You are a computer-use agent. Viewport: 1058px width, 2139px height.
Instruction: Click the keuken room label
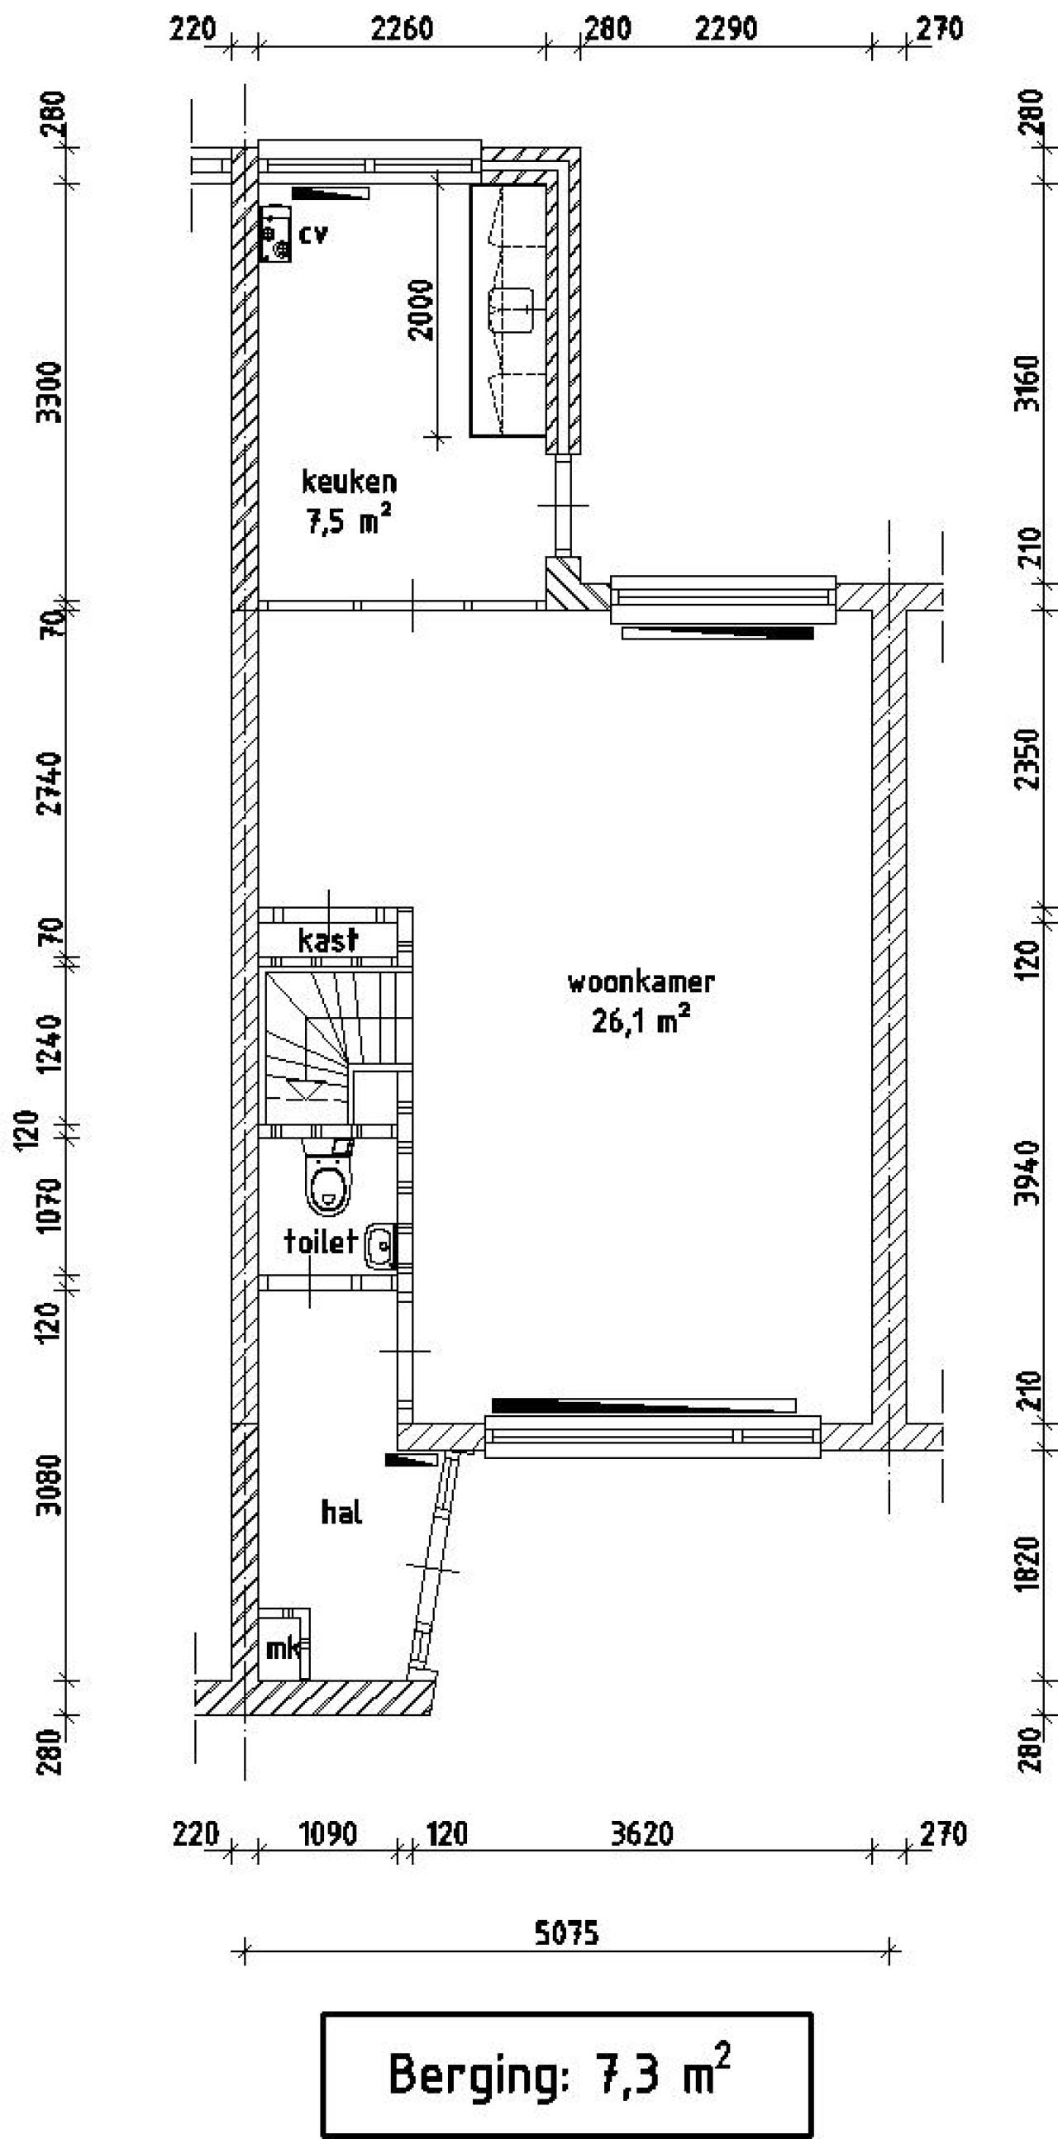click(x=349, y=482)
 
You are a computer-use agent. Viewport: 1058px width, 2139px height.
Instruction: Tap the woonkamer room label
click(x=641, y=982)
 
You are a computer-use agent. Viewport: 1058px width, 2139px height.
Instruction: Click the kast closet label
click(x=328, y=940)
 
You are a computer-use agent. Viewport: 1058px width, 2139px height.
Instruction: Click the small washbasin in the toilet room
click(x=381, y=1246)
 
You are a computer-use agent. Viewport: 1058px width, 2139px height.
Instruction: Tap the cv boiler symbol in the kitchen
click(x=275, y=234)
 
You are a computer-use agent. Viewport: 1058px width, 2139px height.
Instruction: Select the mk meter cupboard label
click(x=283, y=1648)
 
